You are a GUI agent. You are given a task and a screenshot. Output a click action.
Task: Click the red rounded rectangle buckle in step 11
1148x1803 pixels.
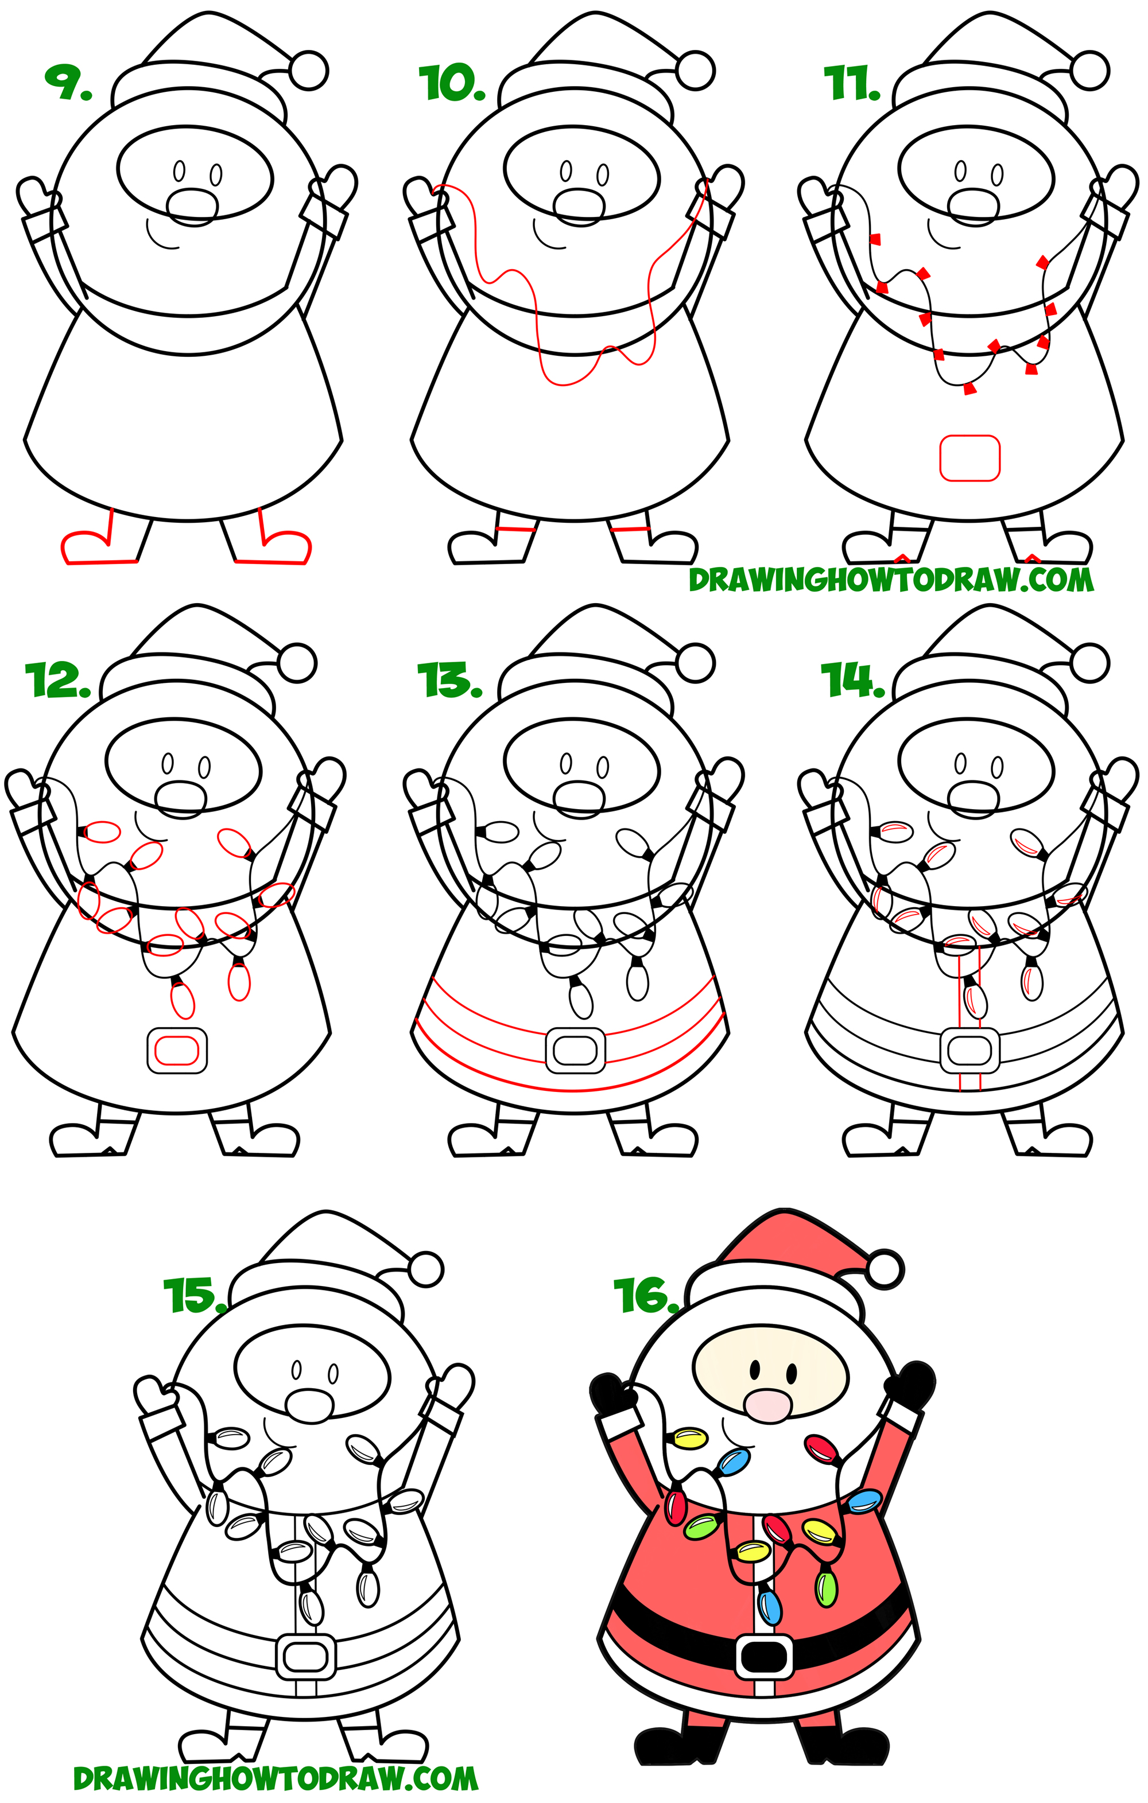click(969, 457)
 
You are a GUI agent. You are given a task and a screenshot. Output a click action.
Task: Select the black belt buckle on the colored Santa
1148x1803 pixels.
click(764, 1656)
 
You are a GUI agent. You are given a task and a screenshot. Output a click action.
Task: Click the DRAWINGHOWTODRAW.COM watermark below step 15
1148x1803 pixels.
click(276, 1779)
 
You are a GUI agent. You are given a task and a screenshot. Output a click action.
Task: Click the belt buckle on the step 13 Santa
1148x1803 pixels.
click(575, 1051)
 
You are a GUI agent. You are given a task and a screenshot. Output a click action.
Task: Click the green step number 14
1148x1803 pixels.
click(850, 680)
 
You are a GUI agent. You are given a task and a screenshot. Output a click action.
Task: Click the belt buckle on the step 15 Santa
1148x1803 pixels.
click(305, 1656)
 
